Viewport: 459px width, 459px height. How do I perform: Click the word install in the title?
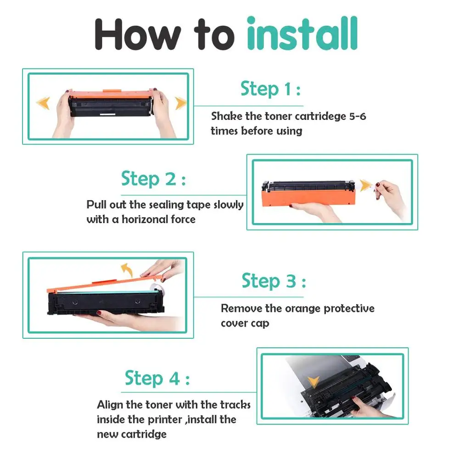pyautogui.click(x=302, y=34)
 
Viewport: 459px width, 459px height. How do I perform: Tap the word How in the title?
pyautogui.click(x=138, y=34)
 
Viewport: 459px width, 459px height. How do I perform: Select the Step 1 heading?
pyautogui.click(x=270, y=89)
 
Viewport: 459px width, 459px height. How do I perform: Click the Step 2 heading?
pyautogui.click(x=153, y=179)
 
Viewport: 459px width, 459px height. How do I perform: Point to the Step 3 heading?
pyautogui.click(x=274, y=281)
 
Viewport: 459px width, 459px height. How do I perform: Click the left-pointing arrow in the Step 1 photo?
pyautogui.click(x=43, y=103)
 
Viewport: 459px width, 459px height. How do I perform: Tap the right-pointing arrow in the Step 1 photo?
pyautogui.click(x=180, y=103)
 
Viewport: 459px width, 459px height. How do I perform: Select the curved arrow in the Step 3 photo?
pyautogui.click(x=127, y=269)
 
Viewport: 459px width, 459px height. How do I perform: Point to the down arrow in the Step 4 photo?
pyautogui.click(x=313, y=382)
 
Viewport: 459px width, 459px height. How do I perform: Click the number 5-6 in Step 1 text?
pyautogui.click(x=358, y=117)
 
